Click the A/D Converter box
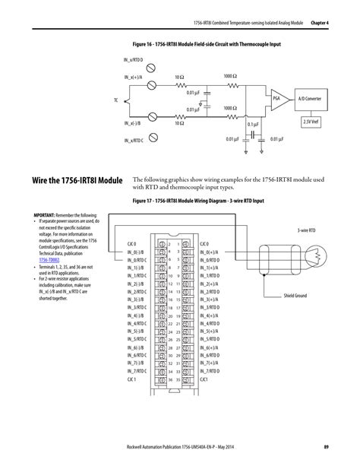pos(309,99)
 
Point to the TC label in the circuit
pos(116,100)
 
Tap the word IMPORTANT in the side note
pos(48,215)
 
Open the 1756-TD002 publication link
pos(49,259)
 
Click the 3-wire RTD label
pos(306,229)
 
